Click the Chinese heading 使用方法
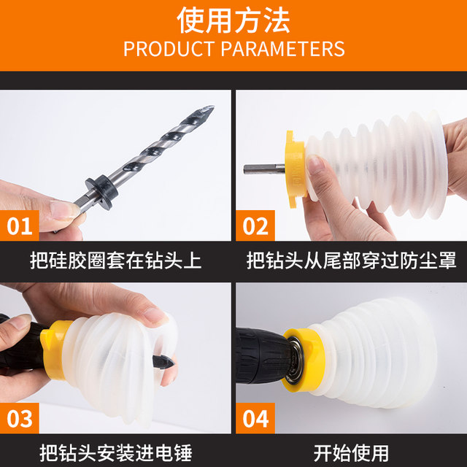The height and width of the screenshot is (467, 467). tap(233, 20)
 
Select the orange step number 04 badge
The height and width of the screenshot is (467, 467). tap(255, 419)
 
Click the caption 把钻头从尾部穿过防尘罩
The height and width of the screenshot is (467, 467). tap(351, 259)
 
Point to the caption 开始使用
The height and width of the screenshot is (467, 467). tap(351, 452)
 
